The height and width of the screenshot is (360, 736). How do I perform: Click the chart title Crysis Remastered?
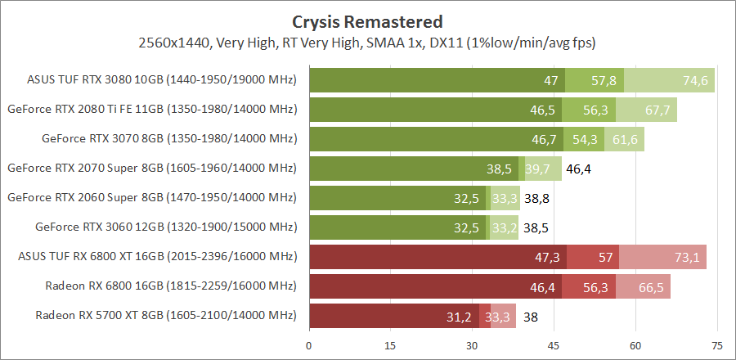point(367,21)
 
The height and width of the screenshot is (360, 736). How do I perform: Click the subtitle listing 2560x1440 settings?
point(367,42)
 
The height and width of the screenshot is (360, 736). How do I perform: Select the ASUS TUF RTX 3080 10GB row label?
point(161,80)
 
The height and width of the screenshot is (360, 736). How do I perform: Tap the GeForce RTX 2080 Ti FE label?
point(151,109)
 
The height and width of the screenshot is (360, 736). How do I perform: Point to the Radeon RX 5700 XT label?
point(166,315)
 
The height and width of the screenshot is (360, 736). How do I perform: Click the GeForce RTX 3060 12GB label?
point(166,227)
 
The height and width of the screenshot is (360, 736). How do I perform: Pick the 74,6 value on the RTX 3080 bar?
point(695,80)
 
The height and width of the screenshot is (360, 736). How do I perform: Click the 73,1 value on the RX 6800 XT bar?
point(687,257)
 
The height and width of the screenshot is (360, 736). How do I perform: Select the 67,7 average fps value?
point(657,110)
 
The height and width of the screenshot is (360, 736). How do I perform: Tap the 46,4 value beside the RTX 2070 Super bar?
point(579,169)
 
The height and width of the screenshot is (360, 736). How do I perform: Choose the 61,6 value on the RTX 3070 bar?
point(625,139)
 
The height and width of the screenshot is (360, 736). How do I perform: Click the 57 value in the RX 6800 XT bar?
point(606,257)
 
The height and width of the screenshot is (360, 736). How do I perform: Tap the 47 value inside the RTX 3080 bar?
point(550,80)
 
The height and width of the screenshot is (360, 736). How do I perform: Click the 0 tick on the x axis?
point(309,345)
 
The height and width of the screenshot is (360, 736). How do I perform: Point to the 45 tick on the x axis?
point(553,345)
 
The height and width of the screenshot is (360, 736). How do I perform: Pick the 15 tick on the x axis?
point(390,345)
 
